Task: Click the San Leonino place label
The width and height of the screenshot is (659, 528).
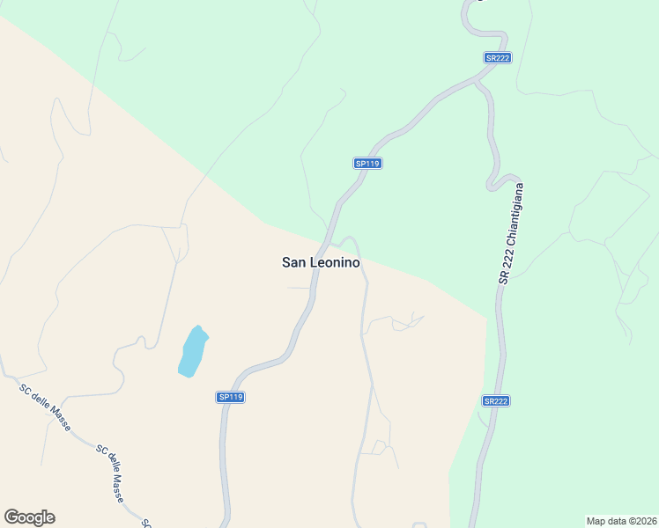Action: pos(321,262)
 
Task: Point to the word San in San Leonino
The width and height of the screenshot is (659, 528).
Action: pos(293,262)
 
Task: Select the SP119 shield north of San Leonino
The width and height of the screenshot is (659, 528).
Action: pos(367,164)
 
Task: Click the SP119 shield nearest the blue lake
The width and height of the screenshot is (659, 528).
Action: pos(230,398)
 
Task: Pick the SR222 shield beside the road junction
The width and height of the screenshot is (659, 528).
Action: pos(497,58)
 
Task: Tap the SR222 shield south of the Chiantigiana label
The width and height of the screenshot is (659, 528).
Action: pos(496,401)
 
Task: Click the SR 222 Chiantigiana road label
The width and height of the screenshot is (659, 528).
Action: pos(511,233)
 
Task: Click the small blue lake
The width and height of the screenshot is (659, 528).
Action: pos(193,351)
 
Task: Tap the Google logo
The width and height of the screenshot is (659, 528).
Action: pos(29,517)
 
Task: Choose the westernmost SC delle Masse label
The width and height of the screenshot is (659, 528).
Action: pos(43,407)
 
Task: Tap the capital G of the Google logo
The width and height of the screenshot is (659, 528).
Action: pos(12,517)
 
